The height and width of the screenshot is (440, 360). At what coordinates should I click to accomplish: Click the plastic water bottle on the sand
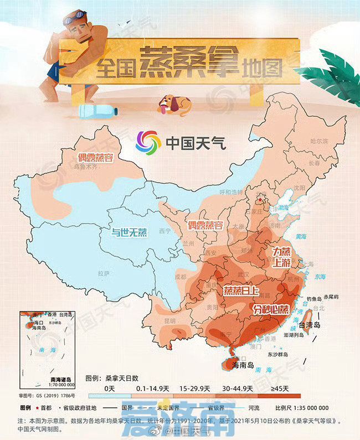coord(98,111)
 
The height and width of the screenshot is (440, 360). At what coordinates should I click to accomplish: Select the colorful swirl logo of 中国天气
coord(148,142)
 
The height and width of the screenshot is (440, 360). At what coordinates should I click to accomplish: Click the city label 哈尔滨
coord(320,141)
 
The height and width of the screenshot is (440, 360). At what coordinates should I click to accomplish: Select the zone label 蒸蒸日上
coord(240,290)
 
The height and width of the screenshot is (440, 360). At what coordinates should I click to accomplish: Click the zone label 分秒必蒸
coord(271,308)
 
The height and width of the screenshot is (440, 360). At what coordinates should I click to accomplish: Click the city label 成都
coord(181,277)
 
